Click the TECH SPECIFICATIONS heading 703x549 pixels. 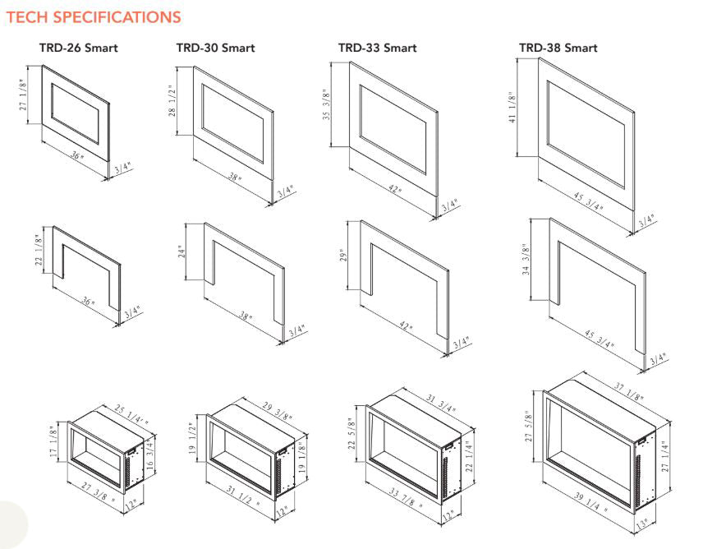tap(93, 16)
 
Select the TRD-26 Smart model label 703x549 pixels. tap(79, 48)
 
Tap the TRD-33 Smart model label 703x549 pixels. tap(377, 48)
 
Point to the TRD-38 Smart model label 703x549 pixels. tap(558, 48)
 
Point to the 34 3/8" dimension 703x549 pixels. tap(526, 261)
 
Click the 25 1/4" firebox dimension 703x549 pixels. tap(115, 418)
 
